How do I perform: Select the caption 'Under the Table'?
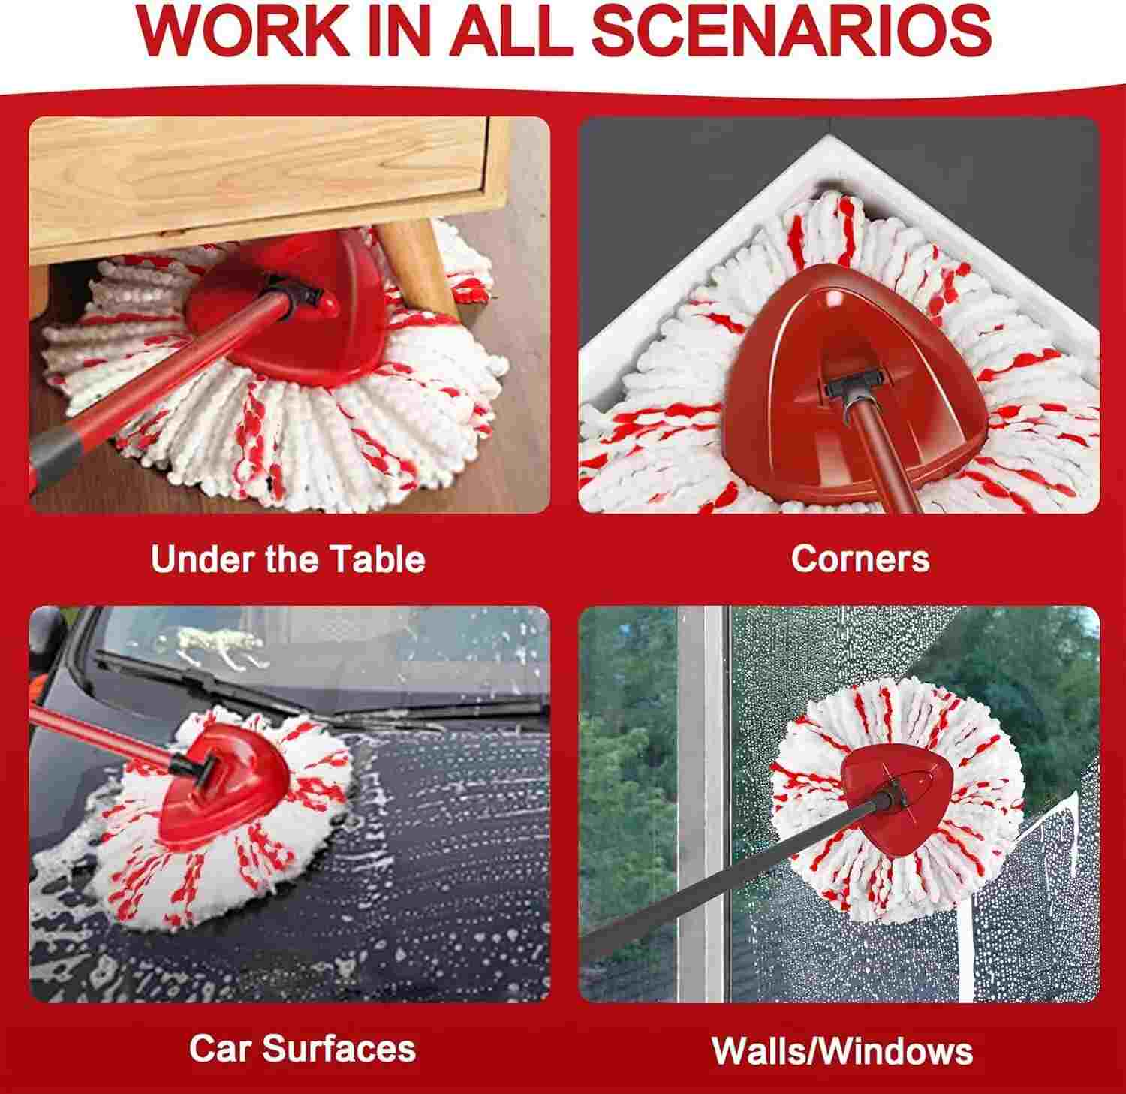(x=288, y=559)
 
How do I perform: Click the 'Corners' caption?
(x=860, y=559)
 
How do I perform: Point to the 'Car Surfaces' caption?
(x=303, y=1048)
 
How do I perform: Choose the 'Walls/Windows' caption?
(x=842, y=1050)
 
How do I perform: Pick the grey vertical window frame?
(x=701, y=803)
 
